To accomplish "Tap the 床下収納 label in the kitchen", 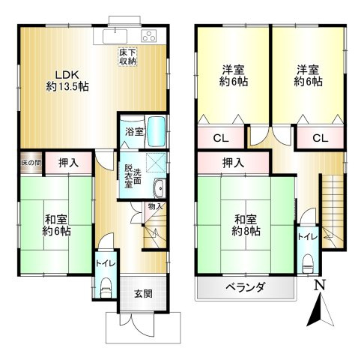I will coord(127,56).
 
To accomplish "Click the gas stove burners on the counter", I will coord(148,36).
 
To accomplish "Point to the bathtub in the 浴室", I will coord(155,131).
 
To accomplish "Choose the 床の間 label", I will coord(31,161).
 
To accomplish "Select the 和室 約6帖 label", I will coord(57,226).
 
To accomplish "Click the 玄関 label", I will coord(143,294).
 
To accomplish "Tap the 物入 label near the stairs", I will coord(155,206).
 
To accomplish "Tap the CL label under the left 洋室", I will coord(220,138).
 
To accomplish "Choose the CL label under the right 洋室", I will coord(320,138).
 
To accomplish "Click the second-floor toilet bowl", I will coord(307,262).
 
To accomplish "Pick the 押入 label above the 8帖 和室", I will coord(233,162).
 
